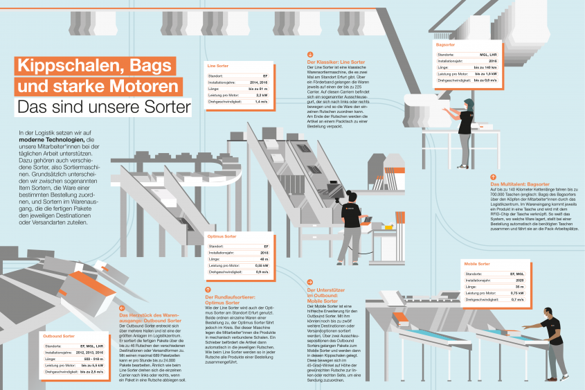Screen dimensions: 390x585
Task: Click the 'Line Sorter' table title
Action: pos(218,66)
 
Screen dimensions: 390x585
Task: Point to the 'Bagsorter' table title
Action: pos(446,45)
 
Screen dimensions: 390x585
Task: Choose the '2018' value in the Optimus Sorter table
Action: pos(264,253)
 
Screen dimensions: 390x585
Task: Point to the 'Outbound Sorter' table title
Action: pos(59,336)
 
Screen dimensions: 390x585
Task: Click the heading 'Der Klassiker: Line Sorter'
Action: pos(335,62)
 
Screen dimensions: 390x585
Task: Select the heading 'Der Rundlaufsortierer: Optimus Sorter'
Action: pos(228,300)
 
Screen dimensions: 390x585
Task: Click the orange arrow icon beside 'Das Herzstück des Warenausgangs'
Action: pos(121,308)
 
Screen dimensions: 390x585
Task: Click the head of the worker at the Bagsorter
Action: pos(470,104)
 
